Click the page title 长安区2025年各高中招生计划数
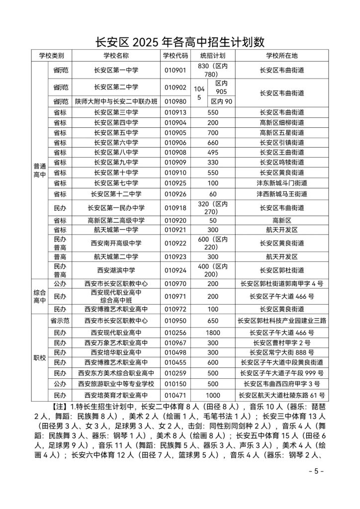pos(180,41)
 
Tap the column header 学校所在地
pos(281,55)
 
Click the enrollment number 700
pos(213,132)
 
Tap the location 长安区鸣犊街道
pos(281,163)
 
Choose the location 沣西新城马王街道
pos(281,193)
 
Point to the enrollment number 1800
pos(213,332)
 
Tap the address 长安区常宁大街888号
pos(281,352)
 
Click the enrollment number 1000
pos(213,395)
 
